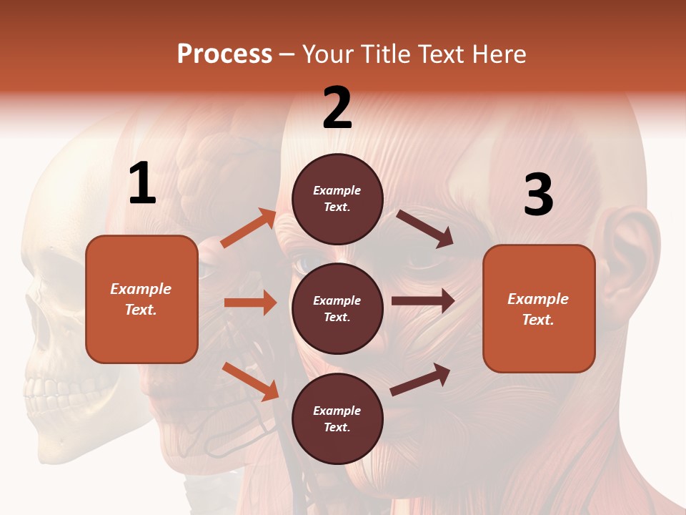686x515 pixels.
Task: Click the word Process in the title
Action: [224, 54]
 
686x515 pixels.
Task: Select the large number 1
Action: [142, 185]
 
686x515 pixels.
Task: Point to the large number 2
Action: [337, 109]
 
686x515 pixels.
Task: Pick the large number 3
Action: [538, 195]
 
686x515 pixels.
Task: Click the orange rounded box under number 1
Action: [141, 299]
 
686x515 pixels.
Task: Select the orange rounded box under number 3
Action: [539, 308]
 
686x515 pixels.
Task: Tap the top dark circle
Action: [337, 199]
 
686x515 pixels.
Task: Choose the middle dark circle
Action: [337, 308]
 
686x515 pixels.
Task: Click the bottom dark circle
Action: [337, 418]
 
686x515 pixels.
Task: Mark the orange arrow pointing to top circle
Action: [249, 228]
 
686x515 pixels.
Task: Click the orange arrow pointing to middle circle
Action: [250, 303]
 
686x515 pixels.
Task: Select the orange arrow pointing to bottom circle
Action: [250, 381]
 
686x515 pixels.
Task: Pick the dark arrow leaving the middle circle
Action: [423, 300]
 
